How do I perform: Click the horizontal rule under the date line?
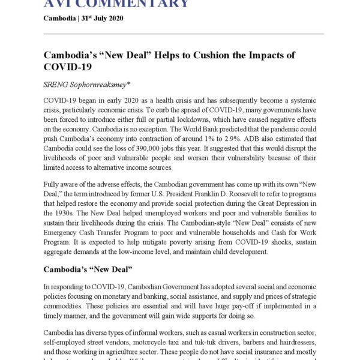pyautogui.click(x=184, y=34)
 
